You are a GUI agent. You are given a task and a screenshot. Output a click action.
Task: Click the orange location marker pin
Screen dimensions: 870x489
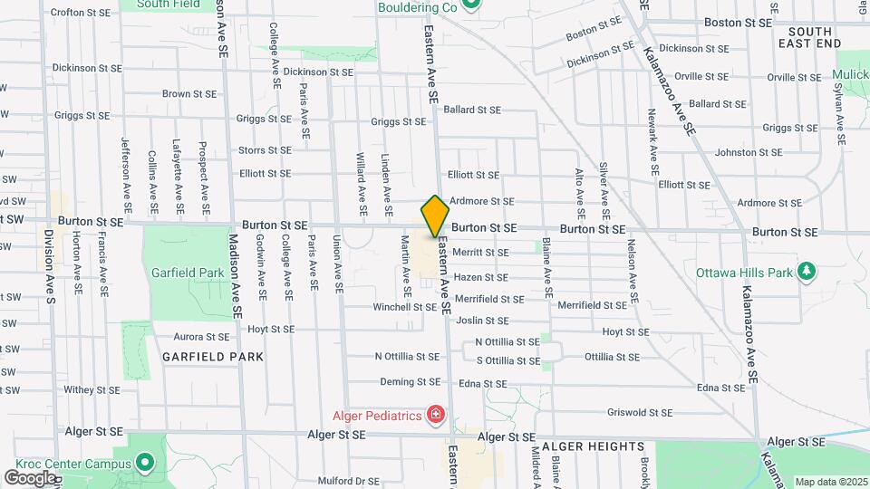click(x=435, y=216)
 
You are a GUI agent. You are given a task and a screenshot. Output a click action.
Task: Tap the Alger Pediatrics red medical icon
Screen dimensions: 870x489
click(x=436, y=416)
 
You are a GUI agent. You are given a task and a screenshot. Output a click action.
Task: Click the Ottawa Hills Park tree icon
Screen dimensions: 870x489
click(x=805, y=272)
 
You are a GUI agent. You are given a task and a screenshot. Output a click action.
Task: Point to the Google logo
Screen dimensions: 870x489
click(x=29, y=477)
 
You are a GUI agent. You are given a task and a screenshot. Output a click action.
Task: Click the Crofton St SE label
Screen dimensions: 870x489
click(x=81, y=13)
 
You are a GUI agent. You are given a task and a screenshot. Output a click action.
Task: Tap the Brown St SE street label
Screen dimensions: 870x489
click(x=189, y=93)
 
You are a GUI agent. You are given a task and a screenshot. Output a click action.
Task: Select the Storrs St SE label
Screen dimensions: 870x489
click(x=265, y=150)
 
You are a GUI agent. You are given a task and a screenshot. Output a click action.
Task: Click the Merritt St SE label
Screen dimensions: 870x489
click(x=480, y=253)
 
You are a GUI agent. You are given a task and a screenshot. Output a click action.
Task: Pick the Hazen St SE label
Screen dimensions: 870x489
click(x=480, y=277)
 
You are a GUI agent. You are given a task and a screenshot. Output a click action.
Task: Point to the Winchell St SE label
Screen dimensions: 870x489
click(x=405, y=307)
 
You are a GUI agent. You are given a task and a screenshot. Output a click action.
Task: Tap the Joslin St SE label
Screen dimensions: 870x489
click(x=481, y=321)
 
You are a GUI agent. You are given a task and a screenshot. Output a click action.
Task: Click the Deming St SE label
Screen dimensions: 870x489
click(x=410, y=382)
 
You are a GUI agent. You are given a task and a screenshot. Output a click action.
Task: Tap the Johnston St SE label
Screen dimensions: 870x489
click(x=748, y=152)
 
